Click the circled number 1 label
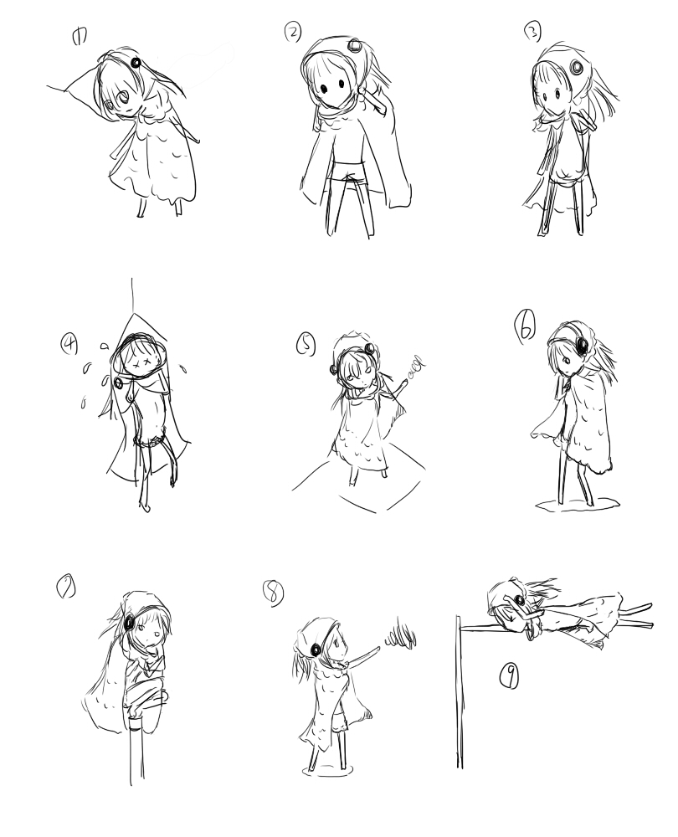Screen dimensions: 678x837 point(79,37)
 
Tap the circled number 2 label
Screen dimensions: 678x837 point(293,33)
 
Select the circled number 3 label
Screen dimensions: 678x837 point(532,33)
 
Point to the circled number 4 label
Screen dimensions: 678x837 point(69,342)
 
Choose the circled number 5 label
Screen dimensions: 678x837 point(306,344)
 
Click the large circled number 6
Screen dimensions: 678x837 point(526,326)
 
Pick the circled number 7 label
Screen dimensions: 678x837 point(65,588)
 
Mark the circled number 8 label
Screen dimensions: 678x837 point(273,593)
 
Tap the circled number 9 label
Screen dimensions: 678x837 point(510,676)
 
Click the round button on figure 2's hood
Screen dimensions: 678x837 point(354,45)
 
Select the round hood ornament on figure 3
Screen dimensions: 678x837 point(577,68)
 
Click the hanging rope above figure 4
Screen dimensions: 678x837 point(132,295)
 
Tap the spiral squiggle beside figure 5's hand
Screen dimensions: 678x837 point(416,367)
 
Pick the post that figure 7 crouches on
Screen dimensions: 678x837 point(136,747)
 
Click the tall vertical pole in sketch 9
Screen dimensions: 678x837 point(459,691)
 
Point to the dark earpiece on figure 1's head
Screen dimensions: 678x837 point(136,63)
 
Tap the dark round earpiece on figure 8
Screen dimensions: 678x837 point(316,650)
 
